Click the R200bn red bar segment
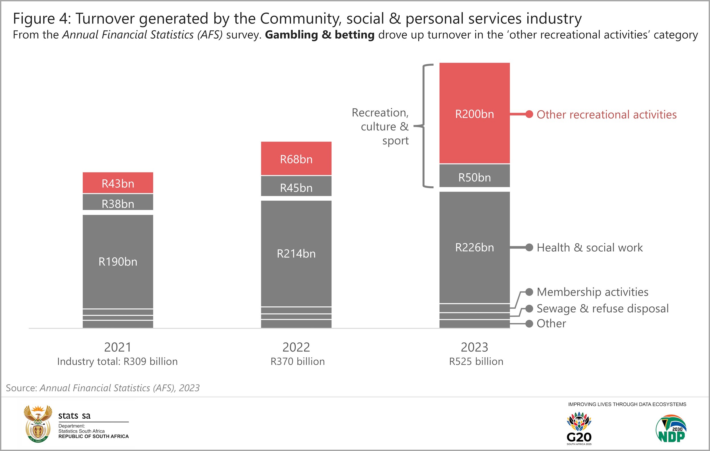click(x=474, y=113)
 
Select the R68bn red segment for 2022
click(x=296, y=159)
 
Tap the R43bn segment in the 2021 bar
click(x=118, y=183)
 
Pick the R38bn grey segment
click(x=118, y=203)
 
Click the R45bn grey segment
click(x=296, y=187)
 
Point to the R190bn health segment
click(x=118, y=261)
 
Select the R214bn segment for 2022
click(x=296, y=253)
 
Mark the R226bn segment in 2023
click(x=474, y=247)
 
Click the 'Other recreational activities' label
click(x=606, y=115)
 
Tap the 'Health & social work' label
click(x=589, y=247)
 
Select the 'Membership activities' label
click(x=592, y=292)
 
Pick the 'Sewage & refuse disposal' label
click(x=602, y=308)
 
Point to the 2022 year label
click(x=296, y=347)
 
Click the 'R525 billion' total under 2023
click(x=476, y=361)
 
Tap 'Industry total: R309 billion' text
click(x=117, y=361)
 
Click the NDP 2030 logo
click(x=671, y=429)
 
